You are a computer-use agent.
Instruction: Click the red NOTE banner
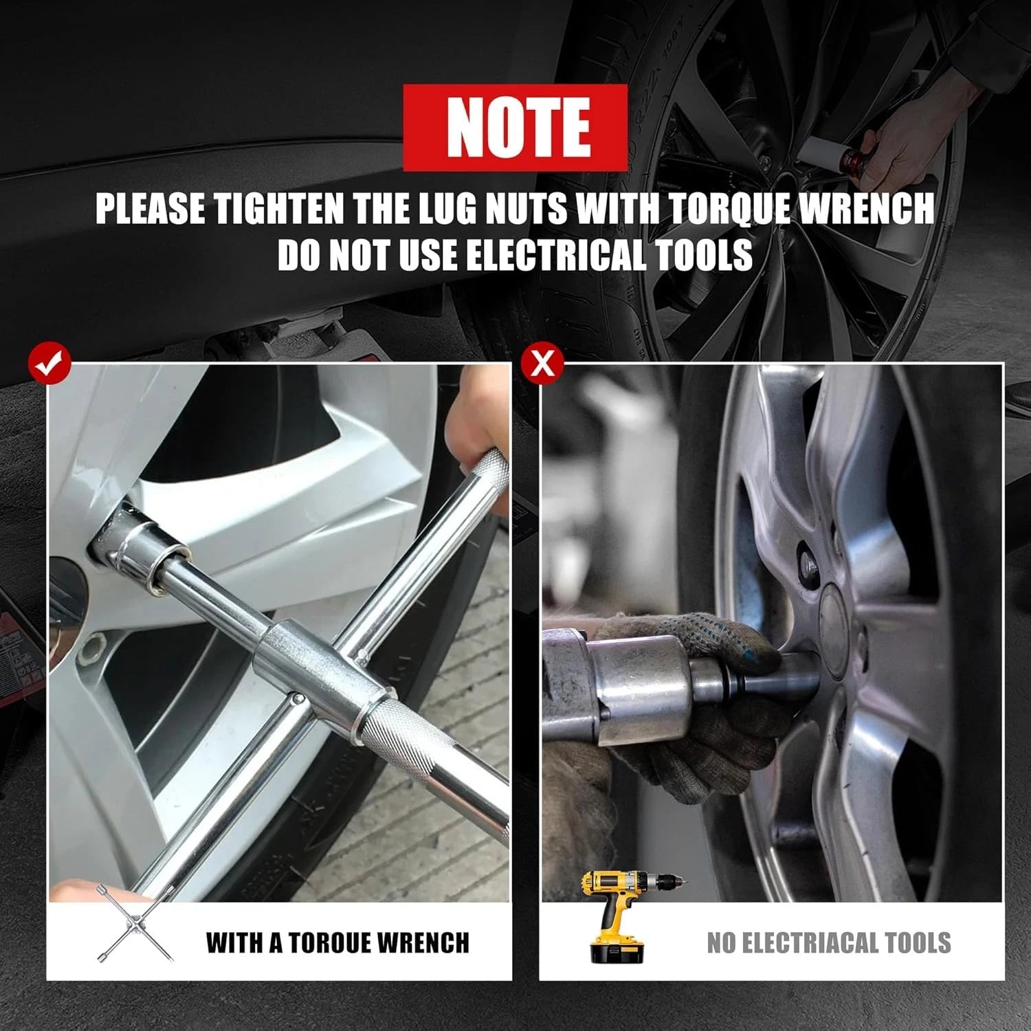pos(515,128)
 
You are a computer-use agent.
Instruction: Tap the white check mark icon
pos(49,365)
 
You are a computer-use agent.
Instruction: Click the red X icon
pos(542,364)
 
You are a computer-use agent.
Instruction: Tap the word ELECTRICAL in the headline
pos(556,256)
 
